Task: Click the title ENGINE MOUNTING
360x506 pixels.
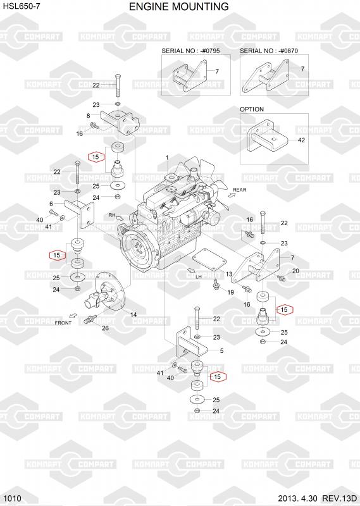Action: (179, 6)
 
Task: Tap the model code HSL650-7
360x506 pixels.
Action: (20, 6)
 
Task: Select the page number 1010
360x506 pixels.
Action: (13, 498)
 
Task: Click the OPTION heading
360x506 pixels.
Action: (252, 109)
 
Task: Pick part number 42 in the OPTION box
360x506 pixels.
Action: (301, 140)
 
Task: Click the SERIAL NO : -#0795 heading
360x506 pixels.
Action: (191, 51)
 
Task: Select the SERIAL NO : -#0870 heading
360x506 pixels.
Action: (269, 51)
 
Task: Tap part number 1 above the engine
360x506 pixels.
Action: (167, 157)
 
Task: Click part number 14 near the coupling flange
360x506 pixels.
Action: (133, 314)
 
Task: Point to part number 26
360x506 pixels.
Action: (105, 328)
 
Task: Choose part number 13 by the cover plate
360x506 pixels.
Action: (229, 274)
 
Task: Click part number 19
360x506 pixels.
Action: (230, 292)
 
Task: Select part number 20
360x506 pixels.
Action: (295, 271)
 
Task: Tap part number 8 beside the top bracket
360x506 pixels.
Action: (88, 116)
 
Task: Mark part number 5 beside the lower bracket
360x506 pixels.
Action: (221, 351)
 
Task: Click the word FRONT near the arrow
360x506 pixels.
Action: (63, 323)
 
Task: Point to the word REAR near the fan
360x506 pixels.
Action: (240, 190)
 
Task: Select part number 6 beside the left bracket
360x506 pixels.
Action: (51, 204)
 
